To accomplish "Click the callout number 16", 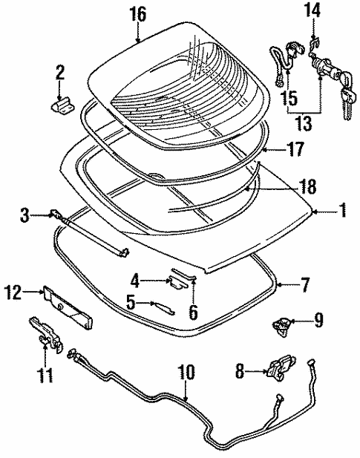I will point(138,14).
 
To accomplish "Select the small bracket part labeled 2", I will point(60,103).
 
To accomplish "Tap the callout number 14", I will point(312,11).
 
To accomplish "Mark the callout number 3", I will point(24,216).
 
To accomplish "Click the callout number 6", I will point(193,312).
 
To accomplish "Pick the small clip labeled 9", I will point(283,323).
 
